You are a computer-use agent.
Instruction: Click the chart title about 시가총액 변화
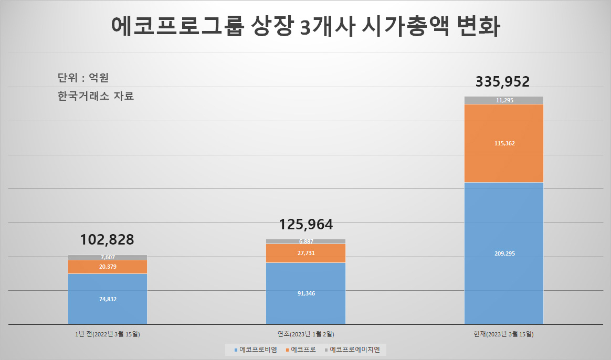pos(305,26)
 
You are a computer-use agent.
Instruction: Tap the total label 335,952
pos(503,82)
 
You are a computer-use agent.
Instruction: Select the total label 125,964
pos(306,225)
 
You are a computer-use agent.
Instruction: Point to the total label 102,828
pos(107,240)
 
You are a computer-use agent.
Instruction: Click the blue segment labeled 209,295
pos(504,253)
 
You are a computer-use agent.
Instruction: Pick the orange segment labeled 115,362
pos(504,143)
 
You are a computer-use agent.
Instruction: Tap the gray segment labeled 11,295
pos(504,100)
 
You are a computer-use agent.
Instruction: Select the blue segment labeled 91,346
pos(306,293)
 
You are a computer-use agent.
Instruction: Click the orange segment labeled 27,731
pos(306,253)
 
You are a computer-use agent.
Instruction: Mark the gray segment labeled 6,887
pos(306,241)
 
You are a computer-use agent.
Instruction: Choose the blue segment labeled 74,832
pos(108,299)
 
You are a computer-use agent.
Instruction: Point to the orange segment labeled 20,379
pos(108,267)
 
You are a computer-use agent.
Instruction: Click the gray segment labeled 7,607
pos(108,258)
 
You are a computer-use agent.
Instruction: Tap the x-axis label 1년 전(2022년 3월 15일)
pos(108,334)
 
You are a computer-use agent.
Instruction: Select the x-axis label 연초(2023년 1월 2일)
pos(306,334)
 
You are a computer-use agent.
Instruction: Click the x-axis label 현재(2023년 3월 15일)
pos(503,334)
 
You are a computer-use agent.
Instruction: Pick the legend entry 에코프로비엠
pos(256,350)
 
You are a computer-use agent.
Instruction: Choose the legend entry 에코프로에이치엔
pos(352,350)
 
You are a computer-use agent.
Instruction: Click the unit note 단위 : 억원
pos(83,78)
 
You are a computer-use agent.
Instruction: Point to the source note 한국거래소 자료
pos(96,96)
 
